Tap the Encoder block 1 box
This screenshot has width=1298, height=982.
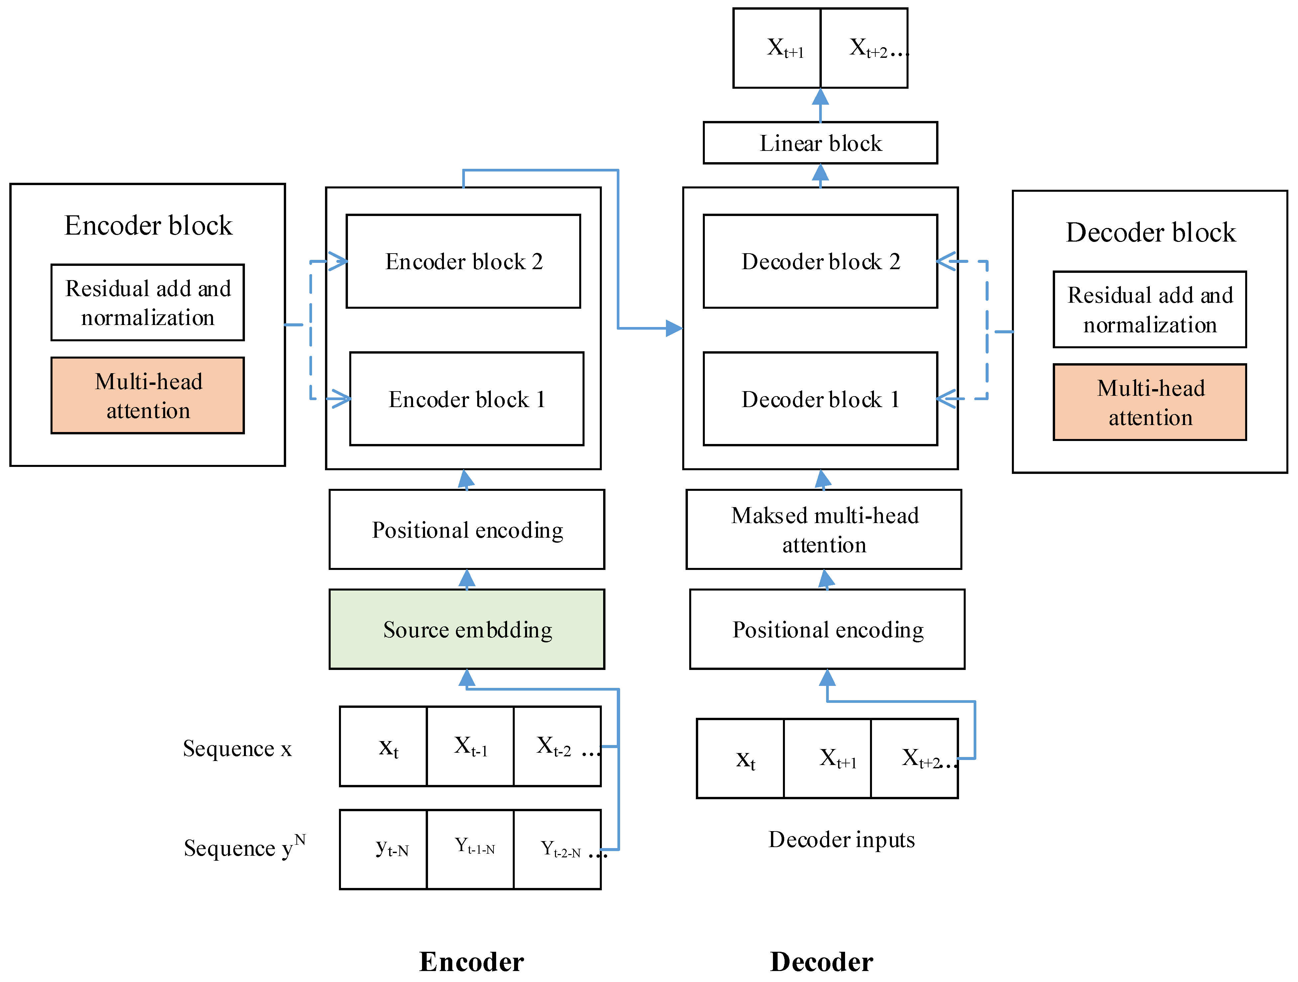pos(467,399)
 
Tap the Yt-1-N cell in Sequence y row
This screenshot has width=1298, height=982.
pos(470,849)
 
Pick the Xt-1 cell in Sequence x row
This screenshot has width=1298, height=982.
pos(470,746)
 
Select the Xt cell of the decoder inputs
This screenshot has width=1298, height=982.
pos(740,758)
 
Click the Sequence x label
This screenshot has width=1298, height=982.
pos(237,748)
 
